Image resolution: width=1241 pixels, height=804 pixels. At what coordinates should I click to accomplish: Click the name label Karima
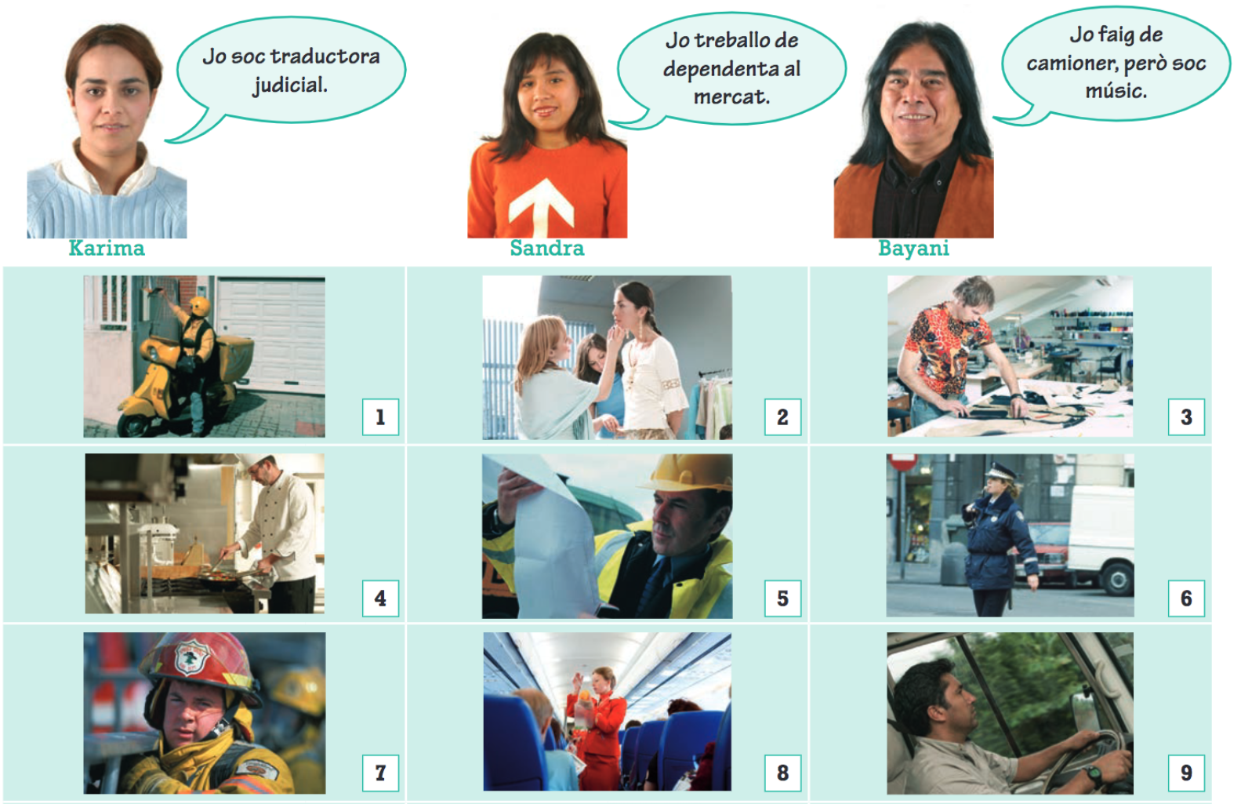pyautogui.click(x=107, y=248)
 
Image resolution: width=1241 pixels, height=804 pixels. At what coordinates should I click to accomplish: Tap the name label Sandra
pyautogui.click(x=547, y=248)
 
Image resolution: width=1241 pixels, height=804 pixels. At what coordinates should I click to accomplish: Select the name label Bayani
pyautogui.click(x=913, y=248)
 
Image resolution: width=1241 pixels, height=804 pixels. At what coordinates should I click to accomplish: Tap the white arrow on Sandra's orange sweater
pyautogui.click(x=541, y=206)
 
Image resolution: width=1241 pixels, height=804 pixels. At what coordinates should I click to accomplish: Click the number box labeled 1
pyautogui.click(x=380, y=417)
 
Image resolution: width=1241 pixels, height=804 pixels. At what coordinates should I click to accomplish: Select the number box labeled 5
pyautogui.click(x=782, y=598)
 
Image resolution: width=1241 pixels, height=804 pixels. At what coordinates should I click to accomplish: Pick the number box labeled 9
pyautogui.click(x=1186, y=773)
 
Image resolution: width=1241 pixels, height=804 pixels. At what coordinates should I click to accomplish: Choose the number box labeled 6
pyautogui.click(x=1186, y=598)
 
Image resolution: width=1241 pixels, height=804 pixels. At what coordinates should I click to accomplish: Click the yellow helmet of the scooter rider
pyautogui.click(x=199, y=306)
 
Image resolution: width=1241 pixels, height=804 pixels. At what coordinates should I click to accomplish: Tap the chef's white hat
pyautogui.click(x=256, y=460)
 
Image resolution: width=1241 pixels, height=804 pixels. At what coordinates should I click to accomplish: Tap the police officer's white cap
pyautogui.click(x=1000, y=472)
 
